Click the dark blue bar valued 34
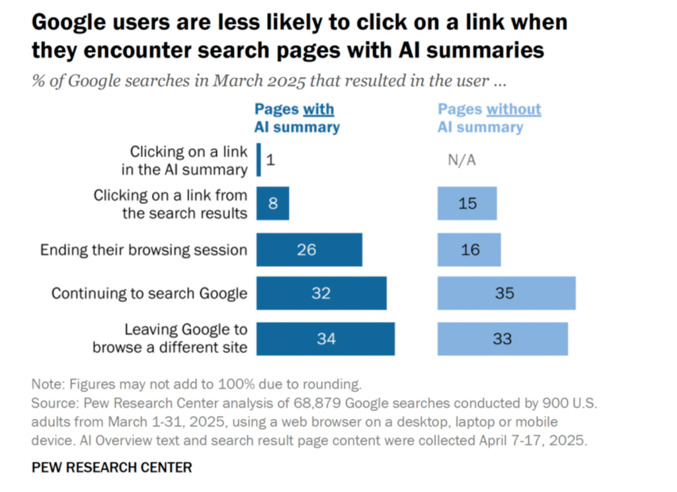pos(325,339)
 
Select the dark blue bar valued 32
pos(321,293)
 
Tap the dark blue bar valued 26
pos(309,250)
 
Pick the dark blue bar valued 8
pos(272,203)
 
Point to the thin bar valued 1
pos(259,160)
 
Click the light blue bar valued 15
pos(467,203)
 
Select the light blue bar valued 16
pos(469,250)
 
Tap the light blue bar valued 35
pos(506,293)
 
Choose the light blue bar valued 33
pos(502,339)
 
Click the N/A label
pos(461,160)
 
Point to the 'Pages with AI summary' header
pos(297,118)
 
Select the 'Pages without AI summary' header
pos(489,118)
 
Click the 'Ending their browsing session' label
pos(143,250)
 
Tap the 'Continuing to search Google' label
pos(149,294)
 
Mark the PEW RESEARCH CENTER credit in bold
pos(112,468)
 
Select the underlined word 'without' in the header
pos(514,110)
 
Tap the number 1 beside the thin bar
pos(270,160)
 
